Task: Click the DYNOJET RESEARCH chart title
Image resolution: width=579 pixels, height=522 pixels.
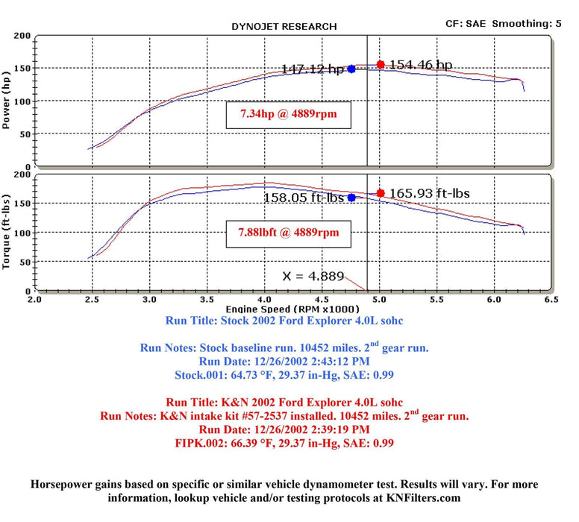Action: pos(284,26)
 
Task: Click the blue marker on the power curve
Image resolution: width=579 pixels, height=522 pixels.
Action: pos(351,69)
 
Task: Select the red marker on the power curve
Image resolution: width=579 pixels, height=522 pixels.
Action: pos(381,65)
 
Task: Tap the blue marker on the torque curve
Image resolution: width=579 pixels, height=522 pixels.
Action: pos(351,198)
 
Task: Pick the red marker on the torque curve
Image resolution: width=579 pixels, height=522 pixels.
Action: pos(381,193)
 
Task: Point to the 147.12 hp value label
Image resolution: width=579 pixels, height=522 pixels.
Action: pos(313,69)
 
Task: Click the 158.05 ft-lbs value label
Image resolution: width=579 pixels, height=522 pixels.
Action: pos(304,198)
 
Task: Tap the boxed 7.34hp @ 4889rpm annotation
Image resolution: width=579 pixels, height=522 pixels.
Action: pos(288,114)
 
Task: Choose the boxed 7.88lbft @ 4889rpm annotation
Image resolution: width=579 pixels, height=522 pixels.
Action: pos(289,233)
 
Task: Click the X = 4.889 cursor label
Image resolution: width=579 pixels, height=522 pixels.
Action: pos(313,276)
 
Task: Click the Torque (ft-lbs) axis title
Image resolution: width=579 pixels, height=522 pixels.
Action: pos(7,232)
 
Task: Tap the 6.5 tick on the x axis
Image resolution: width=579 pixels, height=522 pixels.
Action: pos(551,300)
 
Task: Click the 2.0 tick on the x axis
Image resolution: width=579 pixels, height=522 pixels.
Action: pos(34,300)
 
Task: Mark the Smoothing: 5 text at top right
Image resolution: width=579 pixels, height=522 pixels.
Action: pos(530,24)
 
